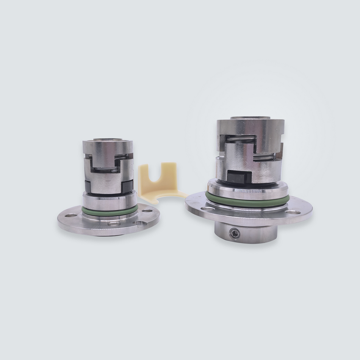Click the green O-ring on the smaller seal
109,210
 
